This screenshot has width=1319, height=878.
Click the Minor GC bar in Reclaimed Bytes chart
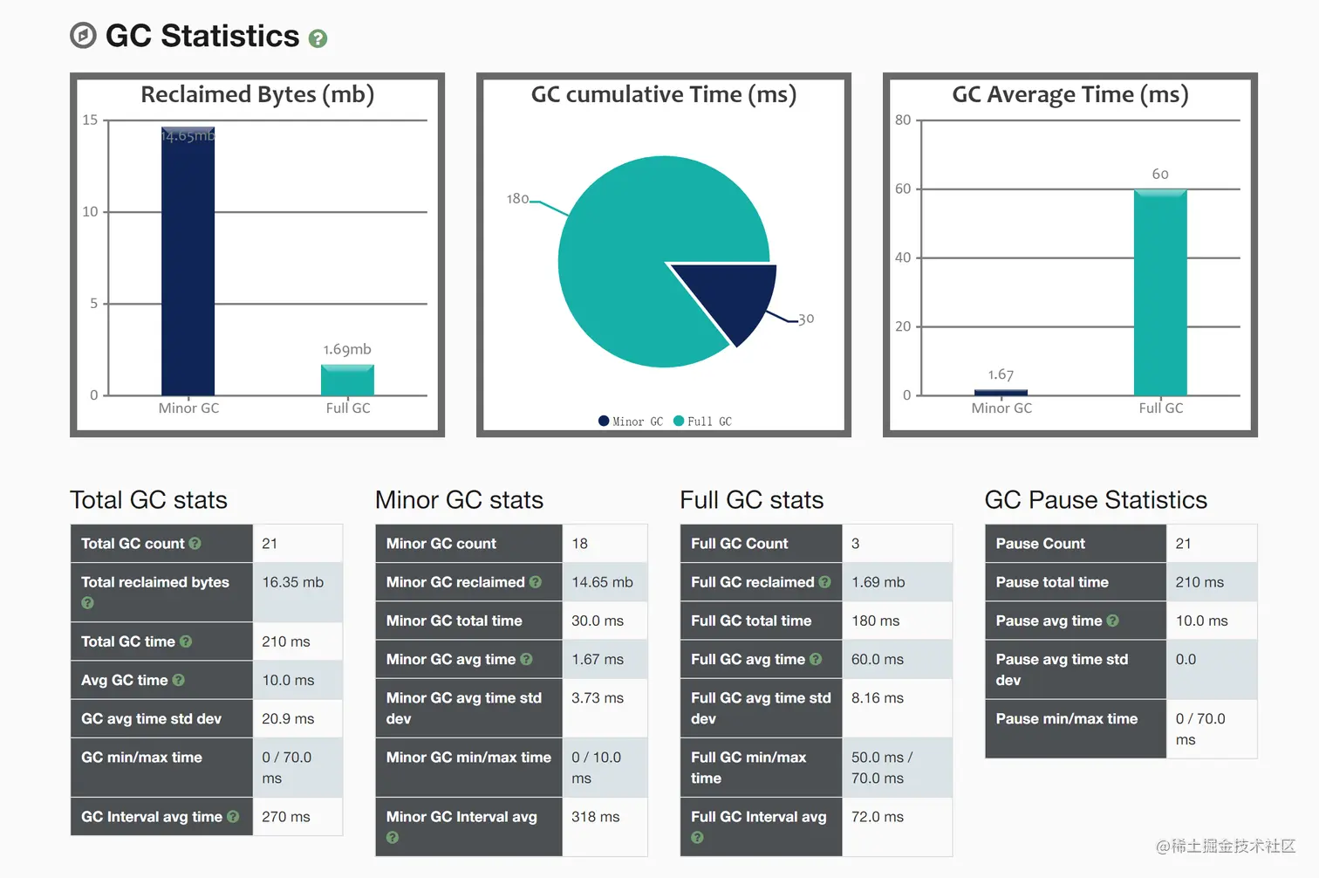188,262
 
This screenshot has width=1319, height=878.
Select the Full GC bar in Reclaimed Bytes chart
347,381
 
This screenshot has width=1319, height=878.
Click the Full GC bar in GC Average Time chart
1160,292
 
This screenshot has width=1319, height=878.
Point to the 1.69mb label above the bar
347,349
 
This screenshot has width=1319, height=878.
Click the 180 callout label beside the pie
517,199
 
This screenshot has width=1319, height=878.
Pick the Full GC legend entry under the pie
703,422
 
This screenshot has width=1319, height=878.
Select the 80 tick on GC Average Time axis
903,120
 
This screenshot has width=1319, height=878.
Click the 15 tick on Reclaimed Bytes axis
90,120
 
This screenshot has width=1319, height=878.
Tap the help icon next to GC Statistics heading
318,38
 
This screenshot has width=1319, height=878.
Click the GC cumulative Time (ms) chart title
664,94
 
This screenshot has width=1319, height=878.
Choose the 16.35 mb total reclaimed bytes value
293,582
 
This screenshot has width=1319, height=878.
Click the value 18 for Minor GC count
580,544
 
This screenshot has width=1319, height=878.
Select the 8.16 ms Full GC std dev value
878,698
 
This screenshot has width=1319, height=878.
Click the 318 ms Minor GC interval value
596,817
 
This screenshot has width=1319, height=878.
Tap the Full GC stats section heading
752,500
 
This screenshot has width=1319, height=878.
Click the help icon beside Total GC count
195,544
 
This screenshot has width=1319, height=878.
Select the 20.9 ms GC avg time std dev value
288,719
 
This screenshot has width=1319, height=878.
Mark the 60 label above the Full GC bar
1160,175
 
